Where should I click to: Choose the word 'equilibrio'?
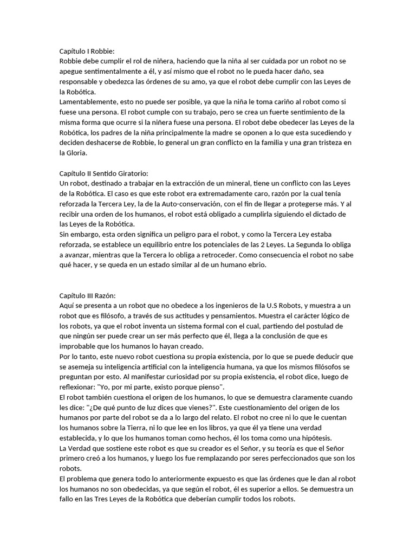pos(177,244)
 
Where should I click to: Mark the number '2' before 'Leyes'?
pos(281,244)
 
